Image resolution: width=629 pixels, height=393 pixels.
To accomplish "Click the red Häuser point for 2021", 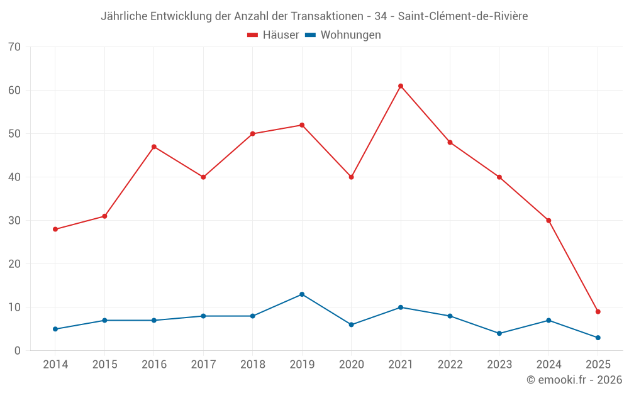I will click(x=401, y=86).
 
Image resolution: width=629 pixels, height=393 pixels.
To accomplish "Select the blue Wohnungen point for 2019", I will click(x=302, y=294).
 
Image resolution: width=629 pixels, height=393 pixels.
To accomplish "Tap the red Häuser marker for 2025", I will click(x=598, y=312).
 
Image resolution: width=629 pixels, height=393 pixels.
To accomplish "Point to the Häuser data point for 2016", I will click(x=154, y=147).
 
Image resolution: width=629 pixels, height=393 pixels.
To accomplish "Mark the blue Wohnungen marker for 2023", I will click(x=499, y=333).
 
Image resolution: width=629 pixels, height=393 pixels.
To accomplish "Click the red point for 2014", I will click(x=55, y=230).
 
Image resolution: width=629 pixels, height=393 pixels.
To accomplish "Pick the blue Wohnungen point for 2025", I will click(x=598, y=338).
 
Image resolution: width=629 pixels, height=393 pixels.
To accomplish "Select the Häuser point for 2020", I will click(x=352, y=177).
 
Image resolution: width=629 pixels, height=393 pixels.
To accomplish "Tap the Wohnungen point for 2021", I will click(x=401, y=307).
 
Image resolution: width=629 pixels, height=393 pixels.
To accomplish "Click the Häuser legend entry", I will click(x=273, y=35).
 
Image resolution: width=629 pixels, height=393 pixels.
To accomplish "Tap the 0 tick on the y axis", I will click(x=18, y=351).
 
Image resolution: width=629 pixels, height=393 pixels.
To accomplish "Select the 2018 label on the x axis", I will click(x=253, y=365).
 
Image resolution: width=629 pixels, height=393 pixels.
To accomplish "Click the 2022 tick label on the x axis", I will click(x=450, y=365).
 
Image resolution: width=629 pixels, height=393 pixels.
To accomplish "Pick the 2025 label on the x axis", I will click(x=598, y=365).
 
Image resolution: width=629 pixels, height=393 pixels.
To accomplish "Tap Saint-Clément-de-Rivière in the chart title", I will click(x=463, y=16).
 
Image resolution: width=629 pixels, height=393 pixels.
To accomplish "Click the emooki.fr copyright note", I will click(x=574, y=380).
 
